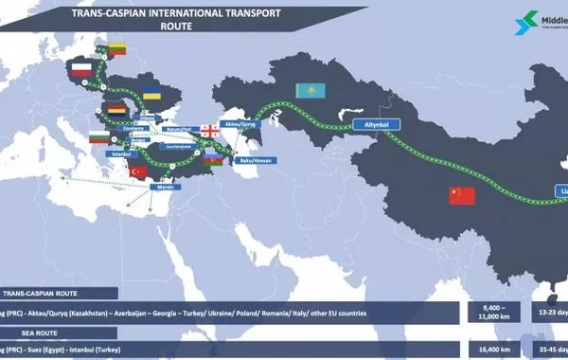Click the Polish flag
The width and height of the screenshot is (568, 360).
click(x=81, y=69)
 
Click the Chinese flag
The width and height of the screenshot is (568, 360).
click(x=462, y=195)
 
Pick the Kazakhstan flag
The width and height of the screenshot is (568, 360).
click(x=310, y=90)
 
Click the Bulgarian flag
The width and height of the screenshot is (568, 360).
click(x=98, y=137)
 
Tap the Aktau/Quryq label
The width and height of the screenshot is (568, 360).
click(x=240, y=122)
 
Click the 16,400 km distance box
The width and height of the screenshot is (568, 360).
click(x=489, y=349)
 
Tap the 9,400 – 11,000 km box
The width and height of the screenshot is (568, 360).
click(x=489, y=311)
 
